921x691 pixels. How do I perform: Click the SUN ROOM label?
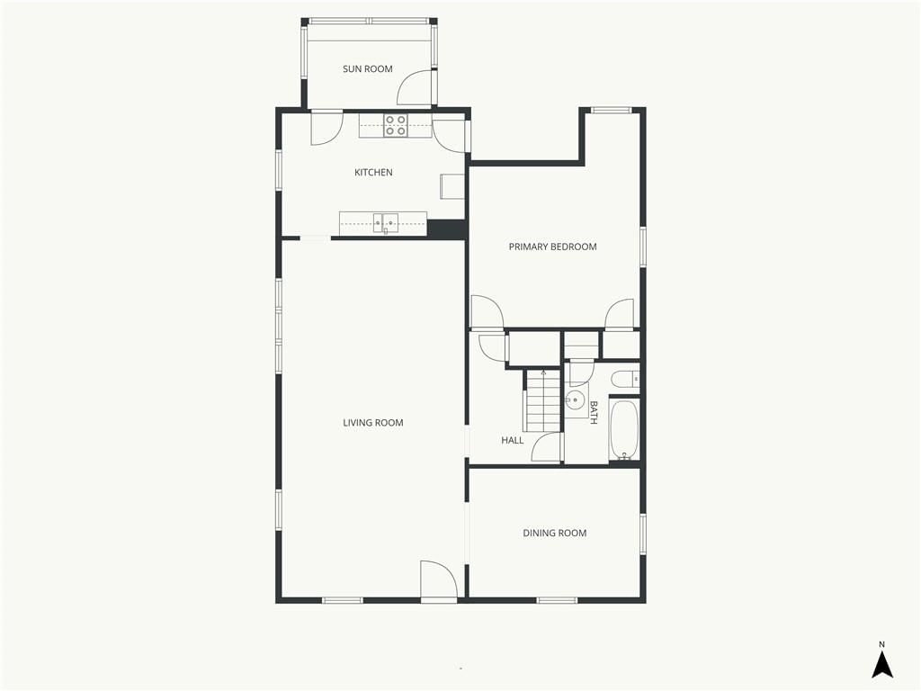[x=368, y=68]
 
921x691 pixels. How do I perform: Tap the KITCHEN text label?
[x=373, y=172]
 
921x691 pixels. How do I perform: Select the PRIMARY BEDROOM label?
[x=553, y=247]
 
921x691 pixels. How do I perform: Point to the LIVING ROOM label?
[x=373, y=423]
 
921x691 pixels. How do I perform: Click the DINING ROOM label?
[x=554, y=533]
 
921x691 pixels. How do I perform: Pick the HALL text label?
[x=512, y=440]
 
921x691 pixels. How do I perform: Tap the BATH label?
[x=594, y=412]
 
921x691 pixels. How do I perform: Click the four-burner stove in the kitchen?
[x=396, y=126]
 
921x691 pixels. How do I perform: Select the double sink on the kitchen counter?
[x=385, y=223]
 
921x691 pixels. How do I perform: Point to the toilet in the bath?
[x=624, y=380]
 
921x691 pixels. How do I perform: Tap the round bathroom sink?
[x=576, y=400]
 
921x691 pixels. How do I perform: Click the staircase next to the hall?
[x=542, y=400]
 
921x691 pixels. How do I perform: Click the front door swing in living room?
[x=439, y=580]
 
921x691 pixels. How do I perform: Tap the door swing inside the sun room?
[x=416, y=88]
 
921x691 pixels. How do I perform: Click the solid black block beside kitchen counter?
[x=446, y=229]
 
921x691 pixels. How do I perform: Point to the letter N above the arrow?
[x=881, y=644]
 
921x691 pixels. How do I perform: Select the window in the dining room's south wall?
[x=557, y=600]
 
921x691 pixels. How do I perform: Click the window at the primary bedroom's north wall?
[x=611, y=110]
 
